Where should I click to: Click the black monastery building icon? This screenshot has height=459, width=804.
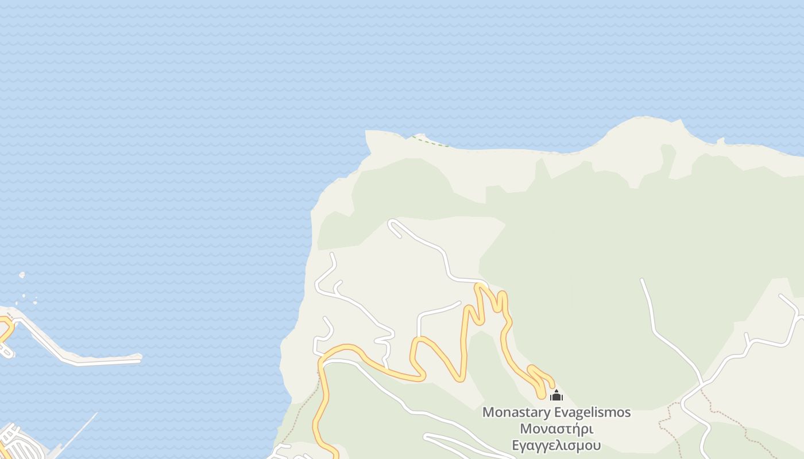[556, 395]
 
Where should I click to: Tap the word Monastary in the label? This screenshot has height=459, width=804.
[516, 412]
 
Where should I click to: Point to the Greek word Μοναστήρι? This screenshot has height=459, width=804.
[556, 429]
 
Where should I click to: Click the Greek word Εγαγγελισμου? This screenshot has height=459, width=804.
[556, 445]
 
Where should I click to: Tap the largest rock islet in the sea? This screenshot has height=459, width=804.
[22, 275]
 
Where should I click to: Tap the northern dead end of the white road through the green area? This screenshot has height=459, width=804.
[642, 281]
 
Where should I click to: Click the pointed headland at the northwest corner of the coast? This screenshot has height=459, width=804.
[368, 134]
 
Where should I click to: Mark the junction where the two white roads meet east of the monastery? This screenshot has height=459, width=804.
[701, 384]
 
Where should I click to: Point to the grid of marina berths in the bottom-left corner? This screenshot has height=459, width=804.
[17, 442]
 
